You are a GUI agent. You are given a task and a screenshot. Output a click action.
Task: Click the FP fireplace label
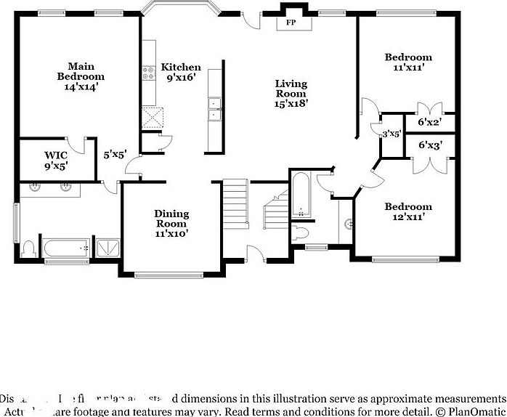(x=291, y=23)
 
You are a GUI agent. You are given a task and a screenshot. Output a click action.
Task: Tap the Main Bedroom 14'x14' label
(x=81, y=76)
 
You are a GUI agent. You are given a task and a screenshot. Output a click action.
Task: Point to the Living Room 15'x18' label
(x=291, y=93)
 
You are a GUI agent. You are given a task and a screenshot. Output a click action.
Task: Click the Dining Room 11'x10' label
(x=171, y=223)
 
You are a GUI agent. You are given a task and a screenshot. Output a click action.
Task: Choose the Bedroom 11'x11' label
(x=407, y=62)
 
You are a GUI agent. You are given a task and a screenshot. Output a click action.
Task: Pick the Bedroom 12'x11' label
(x=407, y=211)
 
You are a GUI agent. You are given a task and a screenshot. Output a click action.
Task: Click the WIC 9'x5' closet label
(x=55, y=160)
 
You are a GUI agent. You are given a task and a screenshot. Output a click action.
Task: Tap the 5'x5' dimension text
(x=115, y=154)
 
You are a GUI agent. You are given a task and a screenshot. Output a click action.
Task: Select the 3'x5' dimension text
(x=392, y=134)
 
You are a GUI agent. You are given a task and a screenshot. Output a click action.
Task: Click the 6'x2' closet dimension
(x=430, y=123)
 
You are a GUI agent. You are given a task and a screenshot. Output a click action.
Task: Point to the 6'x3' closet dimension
(x=430, y=145)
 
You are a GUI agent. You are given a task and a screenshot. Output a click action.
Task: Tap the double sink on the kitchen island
(x=214, y=110)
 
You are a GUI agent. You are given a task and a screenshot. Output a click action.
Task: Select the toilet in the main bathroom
(x=29, y=249)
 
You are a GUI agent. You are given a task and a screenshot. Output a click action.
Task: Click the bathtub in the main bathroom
(x=65, y=248)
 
